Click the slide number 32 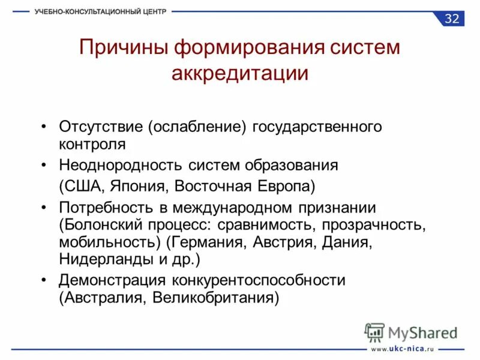pos(452,19)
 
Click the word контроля pos(92,144)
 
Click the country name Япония pos(136,185)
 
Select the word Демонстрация pos(112,280)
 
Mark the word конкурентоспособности pos(259,280)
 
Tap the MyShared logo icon pos(374,332)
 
